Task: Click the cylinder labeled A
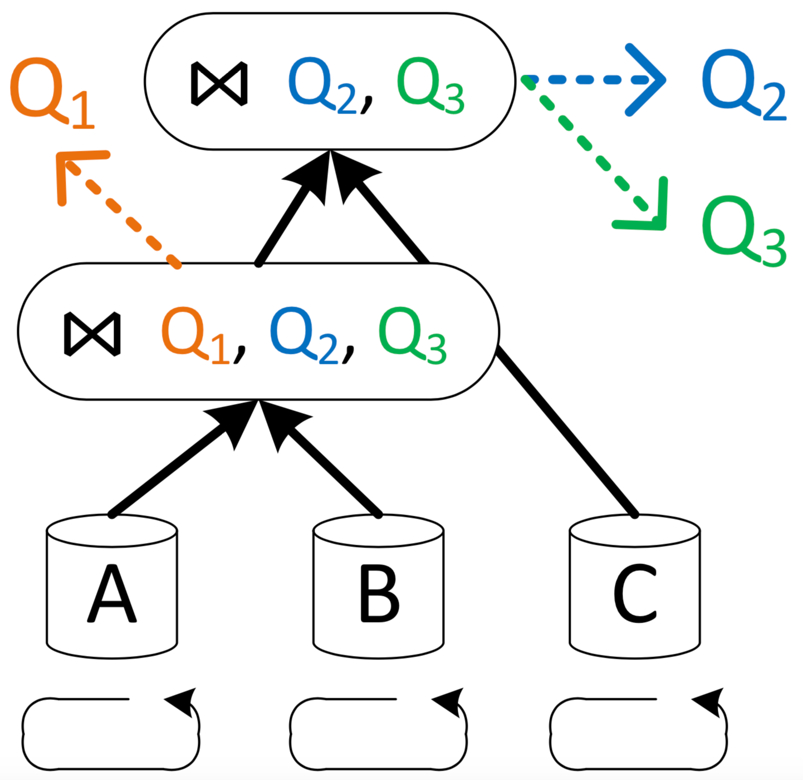pyautogui.click(x=111, y=587)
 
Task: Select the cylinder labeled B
pyautogui.click(x=379, y=587)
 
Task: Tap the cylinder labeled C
pyautogui.click(x=635, y=587)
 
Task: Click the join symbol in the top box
pyautogui.click(x=219, y=83)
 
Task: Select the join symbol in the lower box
pyautogui.click(x=92, y=334)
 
